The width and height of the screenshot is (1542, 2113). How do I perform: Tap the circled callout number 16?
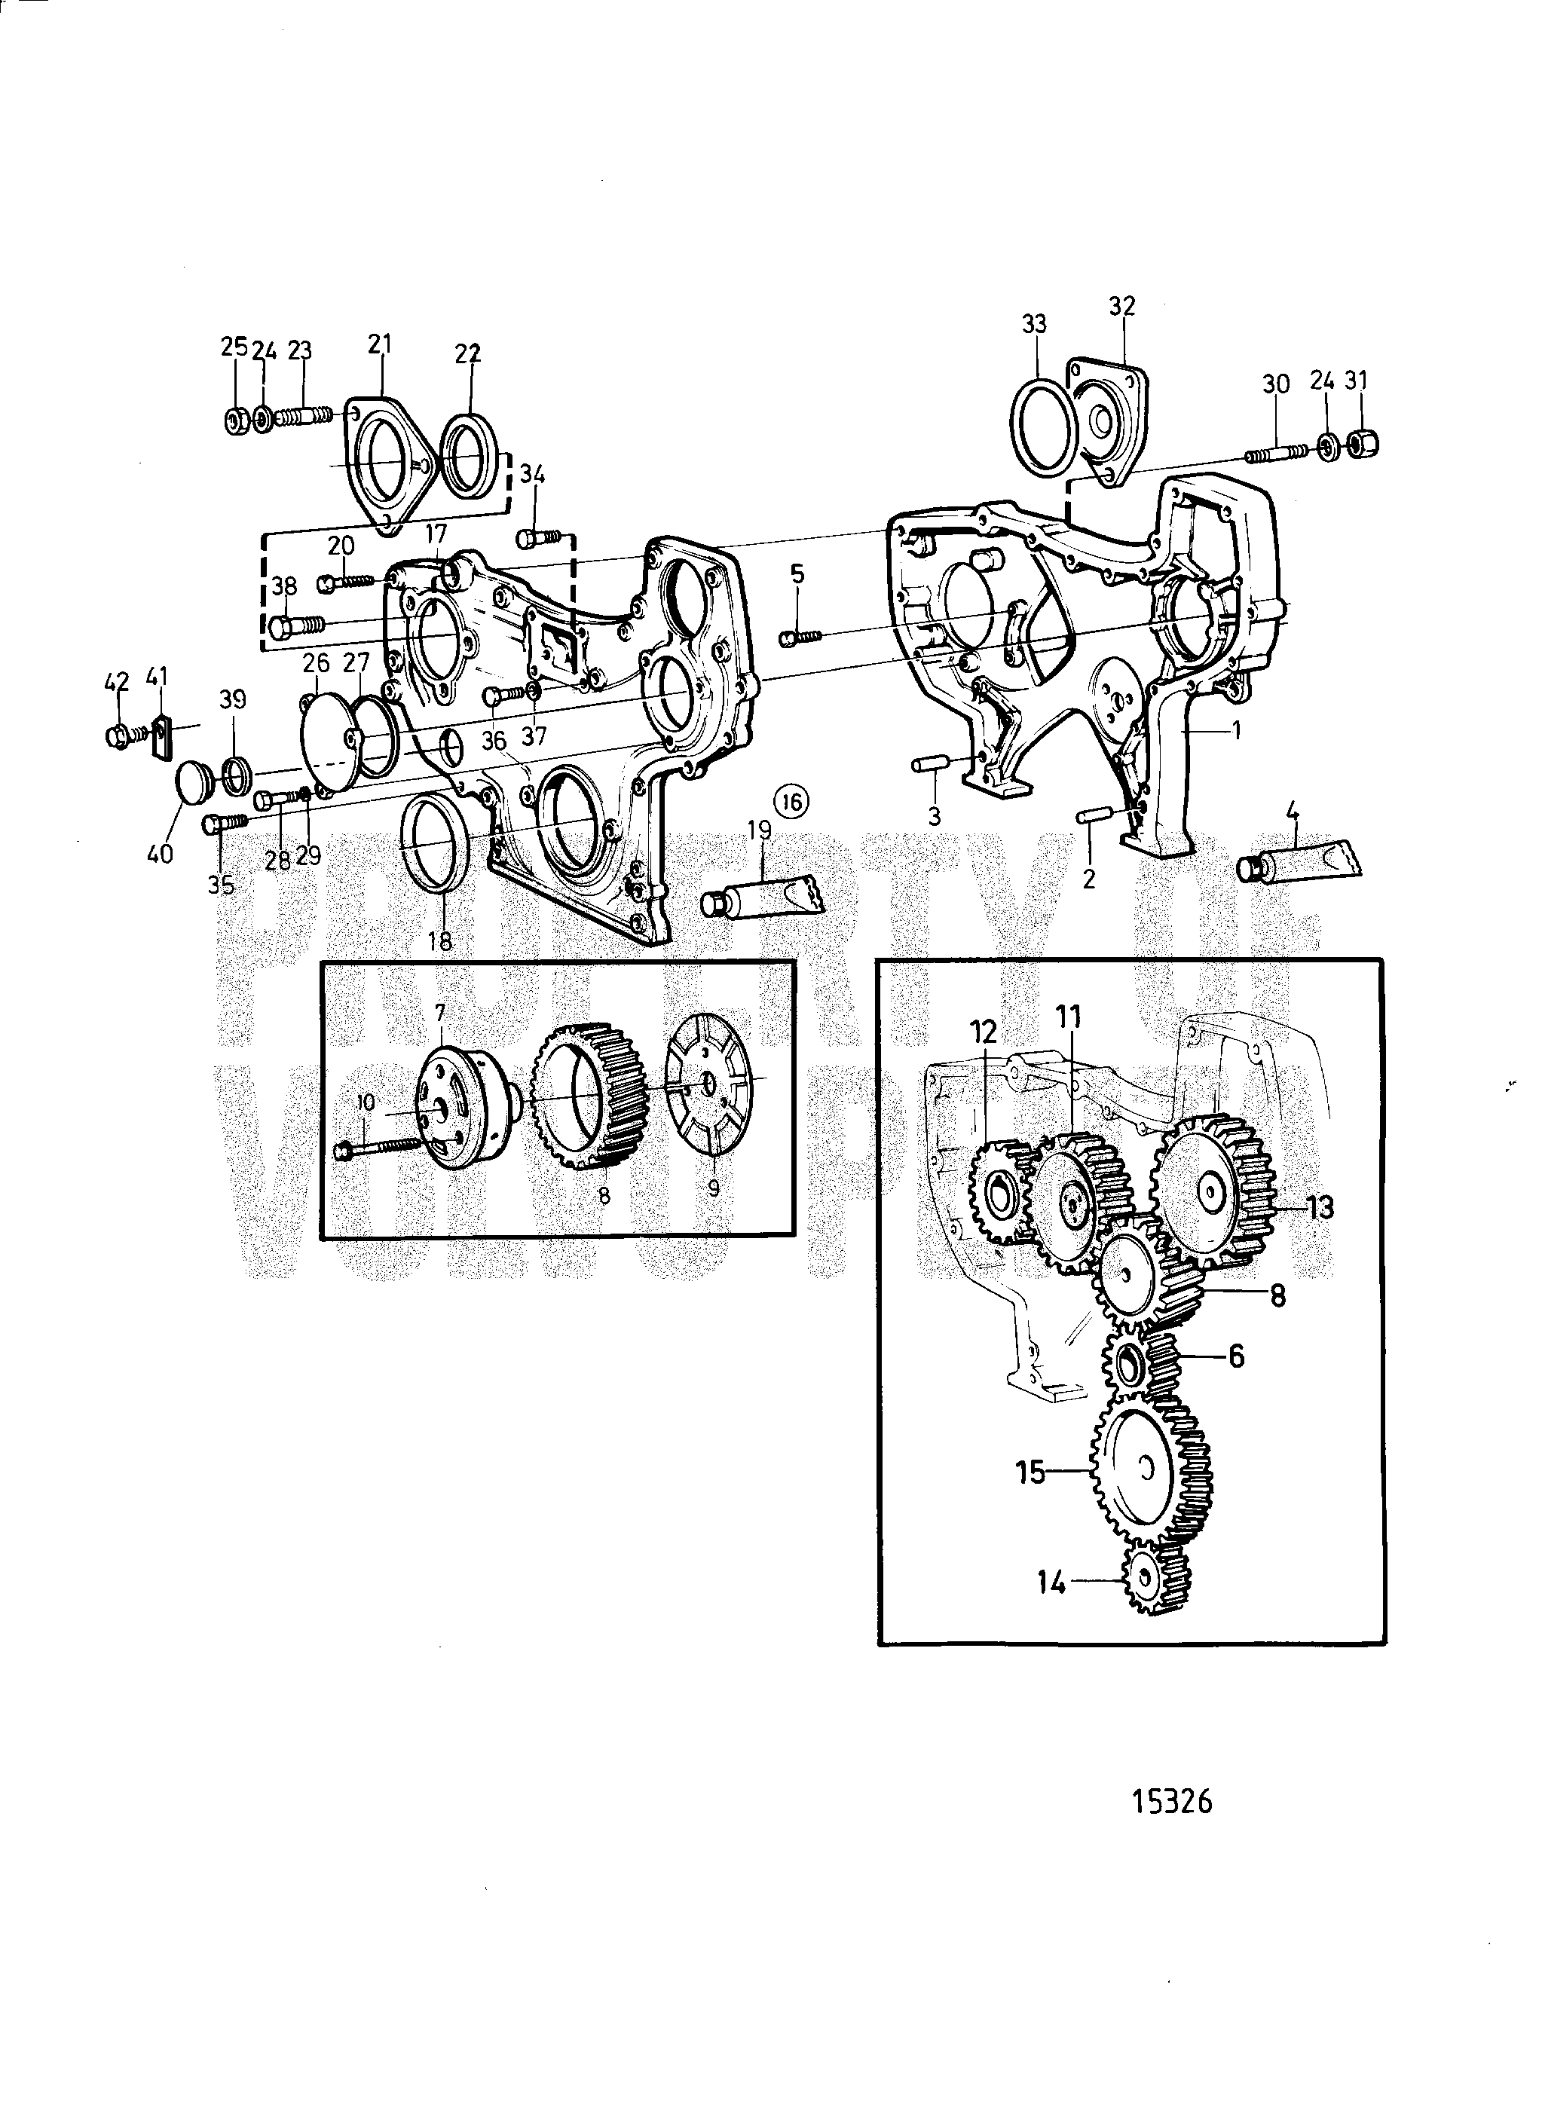(x=791, y=801)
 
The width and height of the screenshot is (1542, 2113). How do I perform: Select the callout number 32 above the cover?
(x=1122, y=306)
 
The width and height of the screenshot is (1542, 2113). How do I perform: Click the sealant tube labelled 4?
(x=1299, y=864)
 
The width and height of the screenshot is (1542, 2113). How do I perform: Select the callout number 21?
(x=379, y=344)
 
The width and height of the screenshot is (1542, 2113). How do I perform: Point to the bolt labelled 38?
(x=297, y=623)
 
